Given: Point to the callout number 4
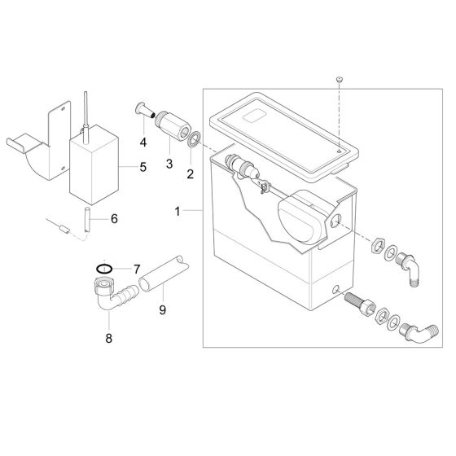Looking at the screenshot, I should click(x=144, y=142).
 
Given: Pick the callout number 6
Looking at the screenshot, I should click(x=114, y=219).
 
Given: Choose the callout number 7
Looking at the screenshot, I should click(x=137, y=268).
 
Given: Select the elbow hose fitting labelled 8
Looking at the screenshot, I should click(x=109, y=298).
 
